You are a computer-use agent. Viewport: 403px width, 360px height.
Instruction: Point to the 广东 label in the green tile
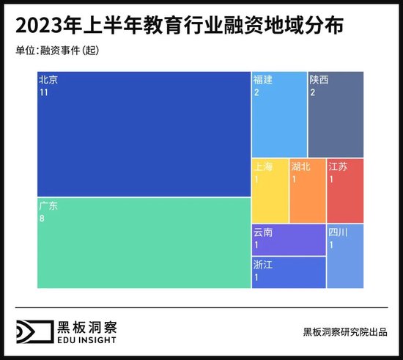(48, 206)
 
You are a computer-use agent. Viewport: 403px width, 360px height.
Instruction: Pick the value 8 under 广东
(42, 219)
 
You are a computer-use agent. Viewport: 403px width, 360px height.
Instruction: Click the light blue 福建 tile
(279, 114)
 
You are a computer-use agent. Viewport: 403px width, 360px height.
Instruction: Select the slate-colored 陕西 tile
(336, 114)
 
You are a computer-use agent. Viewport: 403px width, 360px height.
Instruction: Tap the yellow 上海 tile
(270, 191)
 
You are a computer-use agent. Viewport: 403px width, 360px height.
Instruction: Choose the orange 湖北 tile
(307, 191)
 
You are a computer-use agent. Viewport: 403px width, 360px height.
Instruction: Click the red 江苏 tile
(344, 191)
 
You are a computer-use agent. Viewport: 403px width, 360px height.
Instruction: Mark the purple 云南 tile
(289, 239)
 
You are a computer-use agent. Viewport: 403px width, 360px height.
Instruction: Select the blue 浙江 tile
(289, 272)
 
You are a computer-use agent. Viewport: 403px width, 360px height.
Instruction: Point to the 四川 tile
(344, 256)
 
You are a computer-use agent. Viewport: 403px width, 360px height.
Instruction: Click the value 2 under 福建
(257, 93)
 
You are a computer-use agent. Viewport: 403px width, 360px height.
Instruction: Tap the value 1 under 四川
(331, 246)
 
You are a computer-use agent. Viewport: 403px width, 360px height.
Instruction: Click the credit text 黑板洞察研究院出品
(345, 331)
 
